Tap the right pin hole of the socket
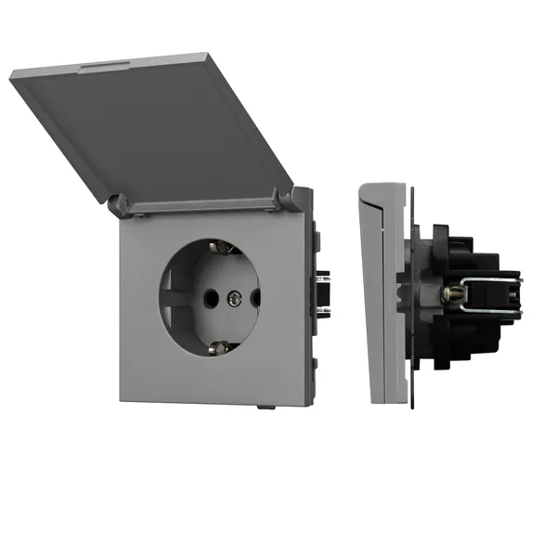pyautogui.click(x=254, y=297)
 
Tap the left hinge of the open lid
pyautogui.click(x=118, y=203)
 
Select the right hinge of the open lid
pyautogui.click(x=298, y=197)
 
